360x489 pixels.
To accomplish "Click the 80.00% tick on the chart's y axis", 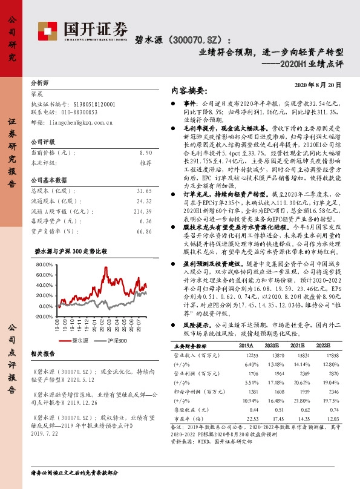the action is click(x=45, y=265).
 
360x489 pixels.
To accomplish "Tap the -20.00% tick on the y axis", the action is click(x=44, y=317).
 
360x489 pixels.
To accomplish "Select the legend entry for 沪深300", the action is click(x=113, y=341).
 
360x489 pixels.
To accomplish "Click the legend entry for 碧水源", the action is click(x=76, y=341).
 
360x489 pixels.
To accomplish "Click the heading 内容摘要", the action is click(x=190, y=90).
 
